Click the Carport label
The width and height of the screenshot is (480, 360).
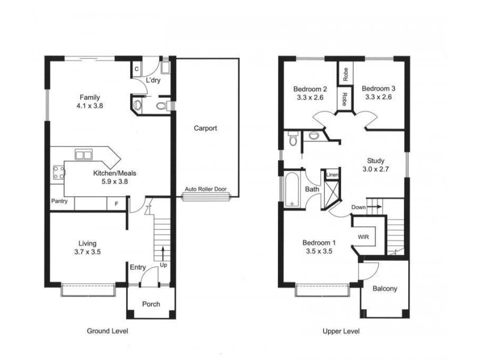point(205,128)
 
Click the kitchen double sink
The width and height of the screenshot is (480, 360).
point(83,155)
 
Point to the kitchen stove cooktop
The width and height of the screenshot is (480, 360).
point(59,173)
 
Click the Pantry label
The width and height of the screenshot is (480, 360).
point(59,201)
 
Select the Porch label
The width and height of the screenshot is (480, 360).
point(151,304)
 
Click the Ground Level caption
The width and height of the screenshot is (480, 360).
point(107,331)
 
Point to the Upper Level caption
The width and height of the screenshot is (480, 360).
point(341,331)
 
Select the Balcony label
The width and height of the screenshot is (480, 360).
point(385,289)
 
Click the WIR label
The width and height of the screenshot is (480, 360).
point(364,237)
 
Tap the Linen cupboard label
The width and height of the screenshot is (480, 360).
point(332,175)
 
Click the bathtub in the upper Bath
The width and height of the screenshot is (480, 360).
point(292,190)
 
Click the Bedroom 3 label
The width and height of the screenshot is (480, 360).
point(379,88)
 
